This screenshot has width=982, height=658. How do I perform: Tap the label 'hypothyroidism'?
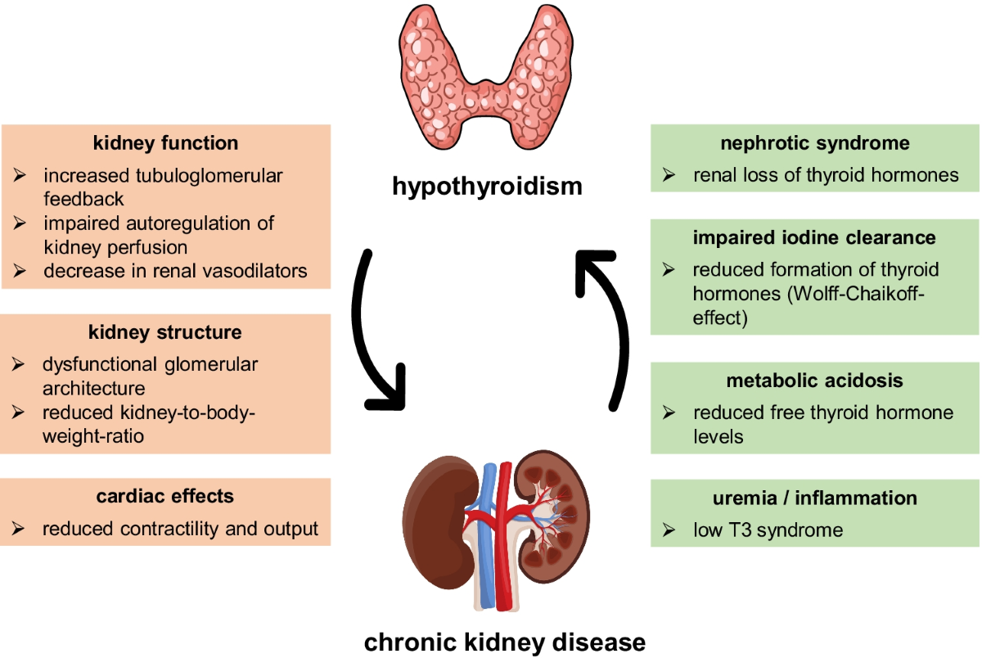488,187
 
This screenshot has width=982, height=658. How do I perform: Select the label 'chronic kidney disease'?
505,639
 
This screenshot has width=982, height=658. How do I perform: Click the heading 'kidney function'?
166,143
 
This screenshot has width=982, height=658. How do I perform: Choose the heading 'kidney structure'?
165,332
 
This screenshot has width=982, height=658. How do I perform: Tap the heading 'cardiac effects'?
165,496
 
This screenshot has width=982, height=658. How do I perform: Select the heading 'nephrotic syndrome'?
815,143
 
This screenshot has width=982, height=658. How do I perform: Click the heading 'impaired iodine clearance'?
815,238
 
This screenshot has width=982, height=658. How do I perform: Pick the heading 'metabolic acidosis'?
815,381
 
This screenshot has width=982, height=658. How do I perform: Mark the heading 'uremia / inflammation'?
815,498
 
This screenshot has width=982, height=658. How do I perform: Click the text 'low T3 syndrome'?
768,530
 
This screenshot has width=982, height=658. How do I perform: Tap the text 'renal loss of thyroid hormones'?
826,175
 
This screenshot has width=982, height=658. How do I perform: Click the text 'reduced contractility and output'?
180,529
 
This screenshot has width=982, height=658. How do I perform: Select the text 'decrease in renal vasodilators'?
175,271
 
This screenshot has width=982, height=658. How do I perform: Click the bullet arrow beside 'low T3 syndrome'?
669,530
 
